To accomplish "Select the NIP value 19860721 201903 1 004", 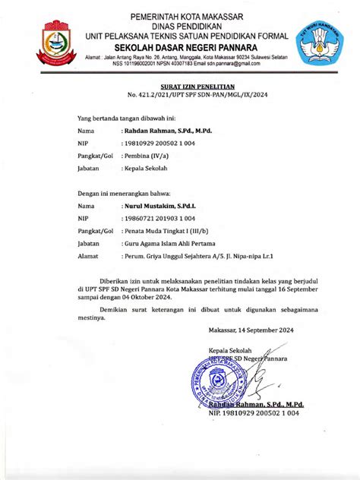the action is pos(156,218).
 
